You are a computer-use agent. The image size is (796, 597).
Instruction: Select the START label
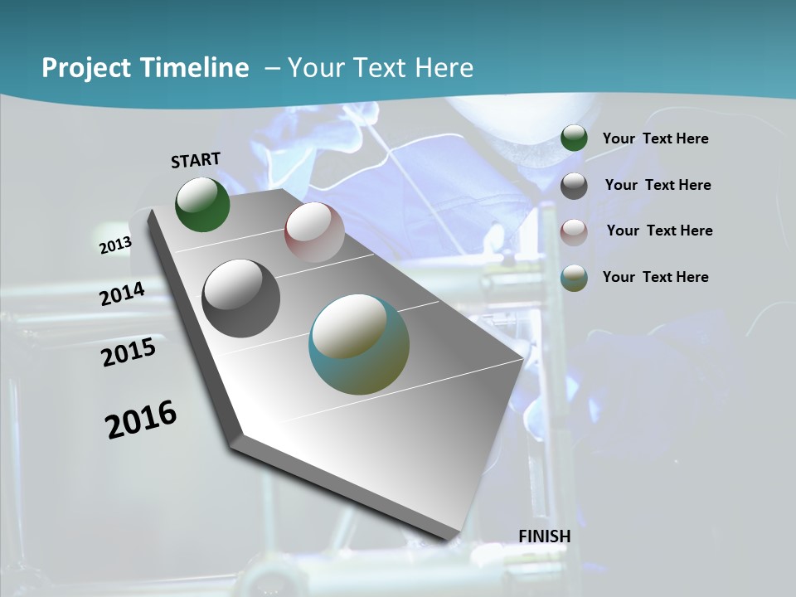196,160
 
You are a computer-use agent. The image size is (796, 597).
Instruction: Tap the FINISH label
545,536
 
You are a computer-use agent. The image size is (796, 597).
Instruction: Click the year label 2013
115,245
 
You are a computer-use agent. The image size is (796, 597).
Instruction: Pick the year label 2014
123,294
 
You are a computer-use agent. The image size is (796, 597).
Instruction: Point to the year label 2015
129,352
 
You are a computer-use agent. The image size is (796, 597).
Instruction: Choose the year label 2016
141,419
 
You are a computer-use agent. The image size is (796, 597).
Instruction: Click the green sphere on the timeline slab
202,204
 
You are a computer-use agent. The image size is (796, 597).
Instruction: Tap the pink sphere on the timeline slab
314,232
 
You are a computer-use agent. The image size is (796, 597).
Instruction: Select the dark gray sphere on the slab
241,298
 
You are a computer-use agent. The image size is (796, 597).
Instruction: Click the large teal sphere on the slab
359,344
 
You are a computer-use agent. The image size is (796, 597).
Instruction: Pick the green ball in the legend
574,138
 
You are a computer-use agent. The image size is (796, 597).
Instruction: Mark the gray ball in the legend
574,186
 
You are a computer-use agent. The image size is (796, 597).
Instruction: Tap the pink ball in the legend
574,231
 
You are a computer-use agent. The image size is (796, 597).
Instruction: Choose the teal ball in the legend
574,277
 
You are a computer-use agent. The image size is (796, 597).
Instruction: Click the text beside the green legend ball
656,138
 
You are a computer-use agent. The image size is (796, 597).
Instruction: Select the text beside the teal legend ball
656,277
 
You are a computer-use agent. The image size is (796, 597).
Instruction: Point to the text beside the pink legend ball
660,231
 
